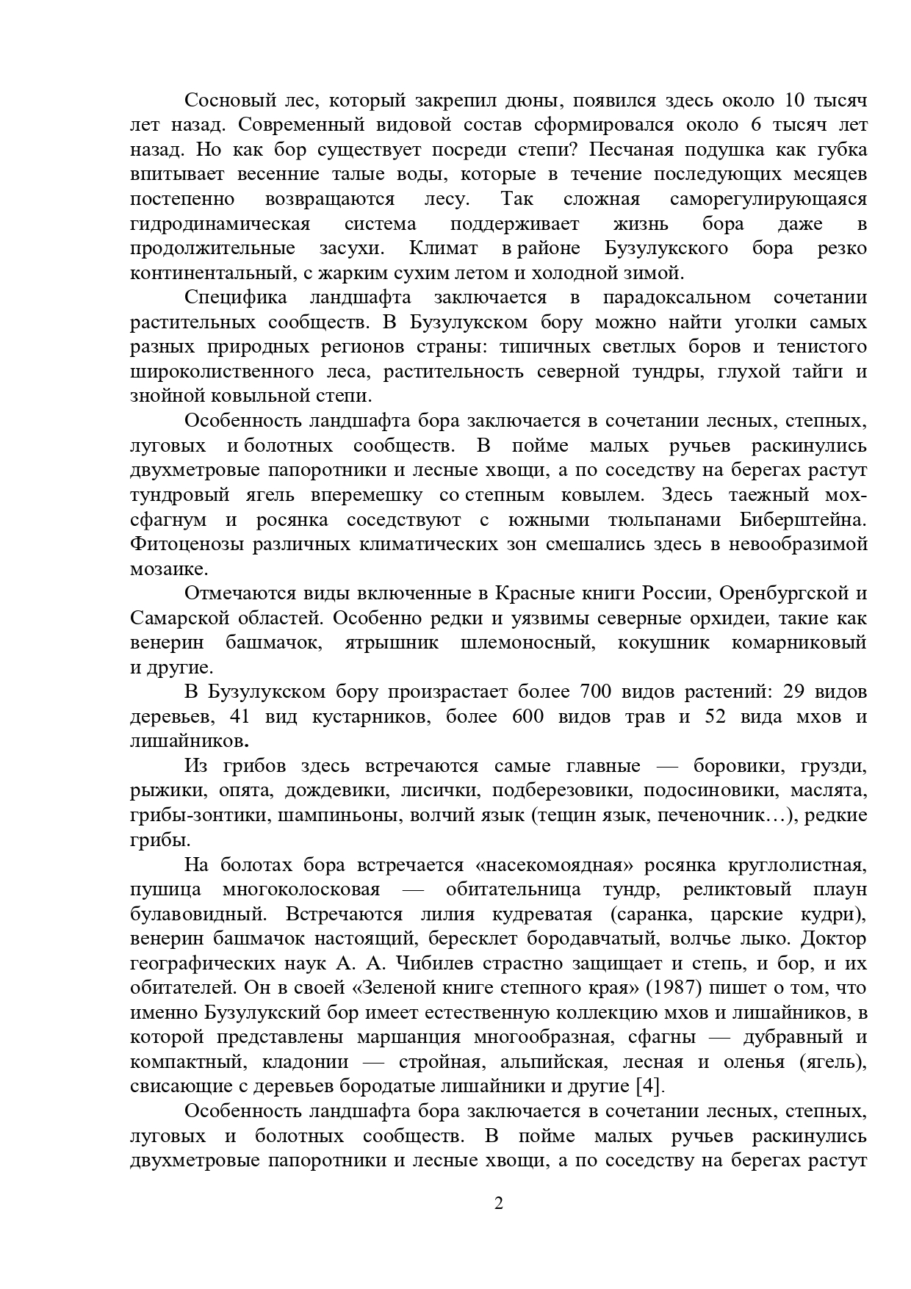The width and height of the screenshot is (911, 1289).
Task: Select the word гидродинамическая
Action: click(220, 223)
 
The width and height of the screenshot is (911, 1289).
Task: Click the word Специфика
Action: click(234, 297)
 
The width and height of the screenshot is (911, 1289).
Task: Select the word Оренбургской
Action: click(779, 593)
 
